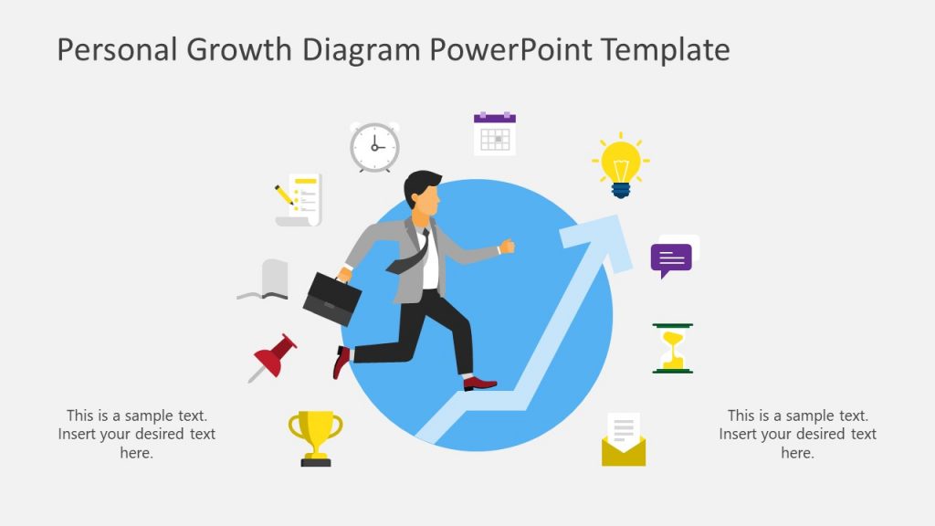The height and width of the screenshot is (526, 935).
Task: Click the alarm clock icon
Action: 374,147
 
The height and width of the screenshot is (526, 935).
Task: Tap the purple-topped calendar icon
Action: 494,133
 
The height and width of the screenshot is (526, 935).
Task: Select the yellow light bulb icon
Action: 621,165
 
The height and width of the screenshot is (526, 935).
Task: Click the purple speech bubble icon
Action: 672,259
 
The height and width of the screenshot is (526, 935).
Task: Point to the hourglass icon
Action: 673,348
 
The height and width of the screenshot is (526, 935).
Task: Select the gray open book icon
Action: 264,280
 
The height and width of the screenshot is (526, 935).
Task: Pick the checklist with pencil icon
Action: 299,199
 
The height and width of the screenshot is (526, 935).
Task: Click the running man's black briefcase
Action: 331,298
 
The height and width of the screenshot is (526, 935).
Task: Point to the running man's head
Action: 424,195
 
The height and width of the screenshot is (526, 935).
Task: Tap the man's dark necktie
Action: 411,258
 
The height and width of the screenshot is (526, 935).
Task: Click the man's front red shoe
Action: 480,384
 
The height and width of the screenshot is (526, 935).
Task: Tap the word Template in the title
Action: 666,49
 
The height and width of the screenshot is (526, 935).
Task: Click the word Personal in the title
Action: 118,49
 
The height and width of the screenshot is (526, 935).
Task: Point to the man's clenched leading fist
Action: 507,247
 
